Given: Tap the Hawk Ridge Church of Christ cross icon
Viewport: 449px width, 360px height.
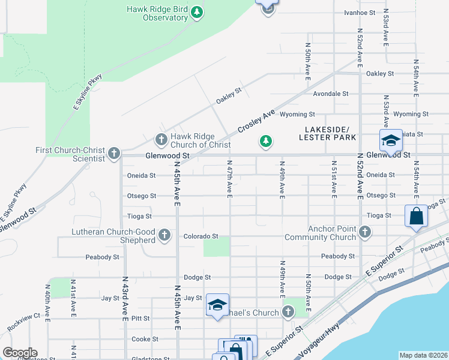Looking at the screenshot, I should pos(161,140).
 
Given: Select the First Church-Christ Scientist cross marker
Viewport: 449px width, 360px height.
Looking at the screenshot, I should pos(114,154).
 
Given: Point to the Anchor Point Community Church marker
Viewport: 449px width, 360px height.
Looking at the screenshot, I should pos(364,232).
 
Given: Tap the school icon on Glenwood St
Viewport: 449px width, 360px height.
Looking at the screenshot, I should pos(390,141).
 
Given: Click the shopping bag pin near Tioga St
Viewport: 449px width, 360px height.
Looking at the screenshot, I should pos(416,216).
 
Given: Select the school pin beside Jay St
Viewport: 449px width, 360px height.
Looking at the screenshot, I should pos(217,305).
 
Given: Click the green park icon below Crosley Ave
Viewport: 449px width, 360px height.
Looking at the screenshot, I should pos(265,142).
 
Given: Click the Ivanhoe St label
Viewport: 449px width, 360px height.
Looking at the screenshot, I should pos(360,12).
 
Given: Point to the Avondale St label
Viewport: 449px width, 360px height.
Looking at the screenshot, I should pos(331,94).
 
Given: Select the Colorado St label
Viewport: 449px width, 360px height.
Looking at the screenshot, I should pos(200,236).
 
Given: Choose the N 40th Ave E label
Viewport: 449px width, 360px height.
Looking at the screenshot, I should pos(47,298).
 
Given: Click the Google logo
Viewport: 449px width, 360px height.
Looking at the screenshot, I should pos(20,353).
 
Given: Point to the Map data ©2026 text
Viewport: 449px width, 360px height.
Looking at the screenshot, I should pos(423,355).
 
